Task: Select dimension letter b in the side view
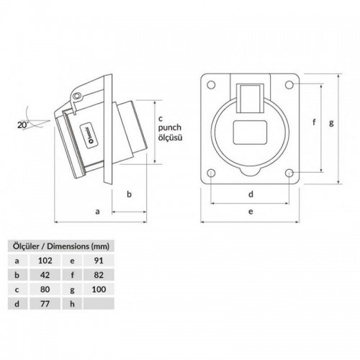[x=128, y=194]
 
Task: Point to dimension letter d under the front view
[x=249, y=194]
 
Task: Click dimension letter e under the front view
[x=249, y=212]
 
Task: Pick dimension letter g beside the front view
[x=331, y=122]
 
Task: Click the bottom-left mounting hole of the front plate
[x=210, y=173]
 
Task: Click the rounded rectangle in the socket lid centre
[x=249, y=132]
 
